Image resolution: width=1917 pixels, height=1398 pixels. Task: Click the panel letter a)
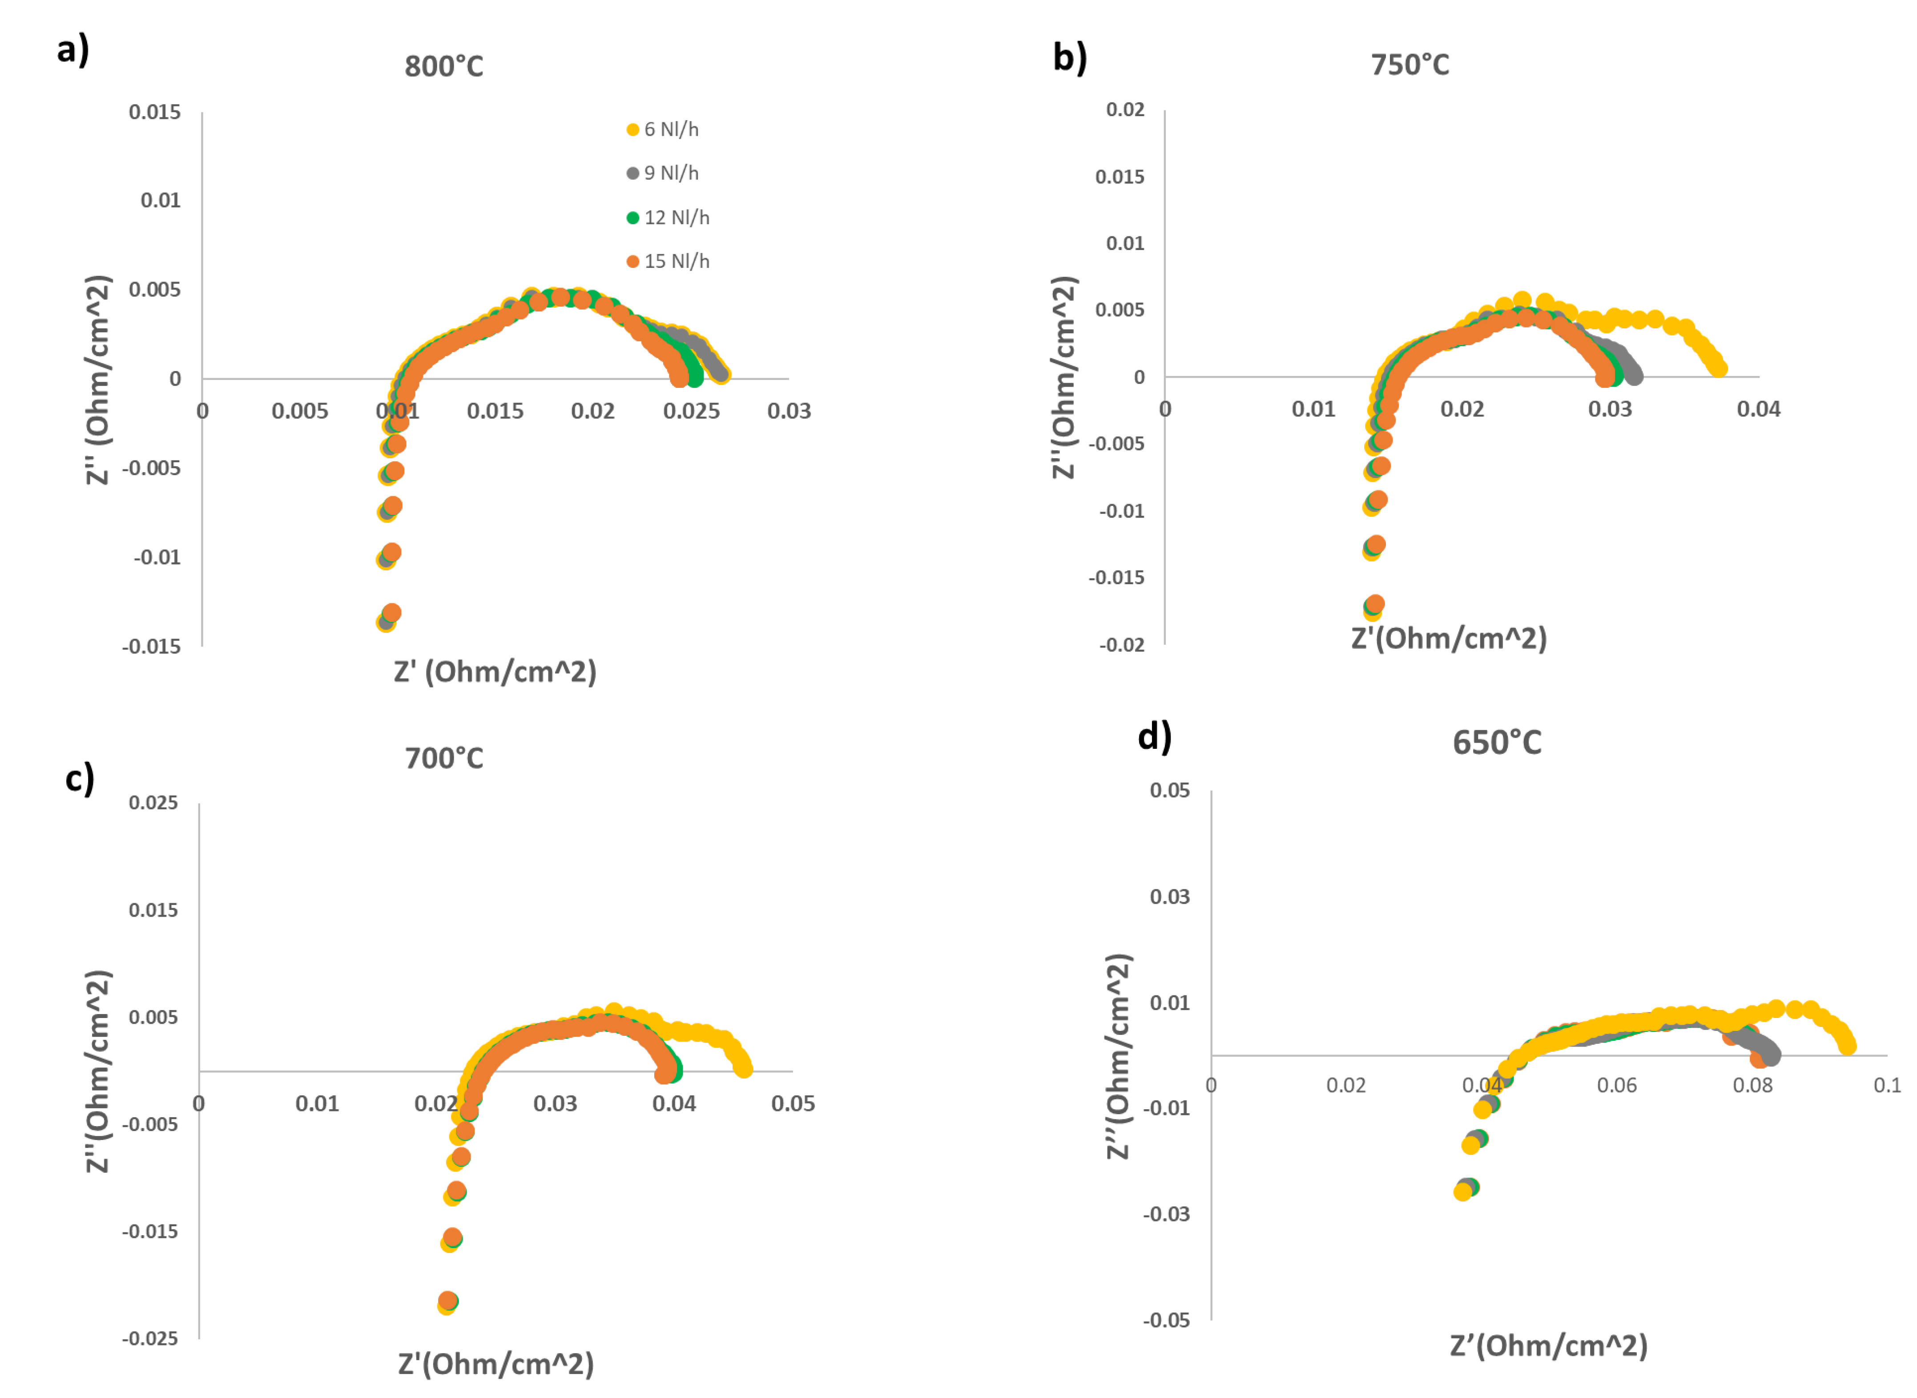click(73, 49)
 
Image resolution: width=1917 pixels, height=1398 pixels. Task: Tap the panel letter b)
click(1069, 57)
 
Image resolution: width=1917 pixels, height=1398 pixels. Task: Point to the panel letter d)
click(1154, 736)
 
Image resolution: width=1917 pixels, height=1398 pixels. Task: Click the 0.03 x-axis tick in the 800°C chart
click(789, 411)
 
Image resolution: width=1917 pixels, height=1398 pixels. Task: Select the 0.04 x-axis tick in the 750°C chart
click(1758, 410)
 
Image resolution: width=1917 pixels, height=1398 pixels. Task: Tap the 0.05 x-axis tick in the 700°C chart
click(793, 1103)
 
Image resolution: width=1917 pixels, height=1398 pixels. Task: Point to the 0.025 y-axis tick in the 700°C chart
click(153, 802)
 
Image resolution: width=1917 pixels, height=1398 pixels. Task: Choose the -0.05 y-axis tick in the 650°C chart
click(1166, 1320)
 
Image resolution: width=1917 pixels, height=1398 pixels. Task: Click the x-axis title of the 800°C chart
click(495, 672)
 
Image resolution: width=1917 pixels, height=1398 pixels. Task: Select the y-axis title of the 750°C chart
click(1063, 377)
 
